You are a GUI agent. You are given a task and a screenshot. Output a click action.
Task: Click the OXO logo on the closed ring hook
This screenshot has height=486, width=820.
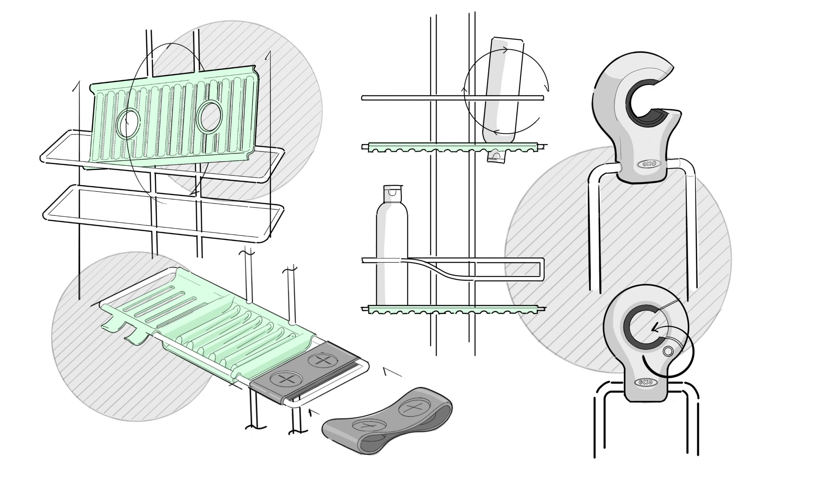[x=644, y=382]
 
